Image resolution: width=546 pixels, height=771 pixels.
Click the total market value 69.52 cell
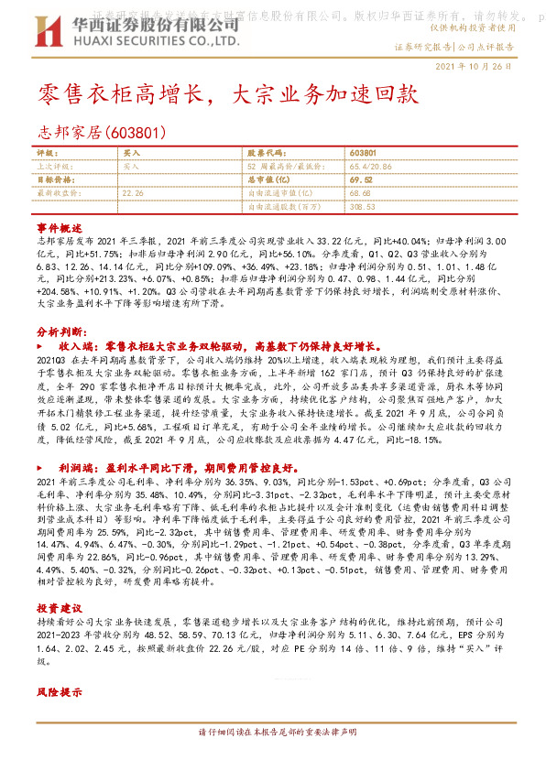(360, 180)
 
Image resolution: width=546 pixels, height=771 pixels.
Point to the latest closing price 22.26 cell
(133, 194)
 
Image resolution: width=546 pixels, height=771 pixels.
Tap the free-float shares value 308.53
(363, 208)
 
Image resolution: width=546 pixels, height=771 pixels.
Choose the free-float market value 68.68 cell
(360, 194)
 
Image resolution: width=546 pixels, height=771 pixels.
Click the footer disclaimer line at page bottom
(273, 758)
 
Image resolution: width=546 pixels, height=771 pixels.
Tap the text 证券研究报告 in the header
(422, 45)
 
